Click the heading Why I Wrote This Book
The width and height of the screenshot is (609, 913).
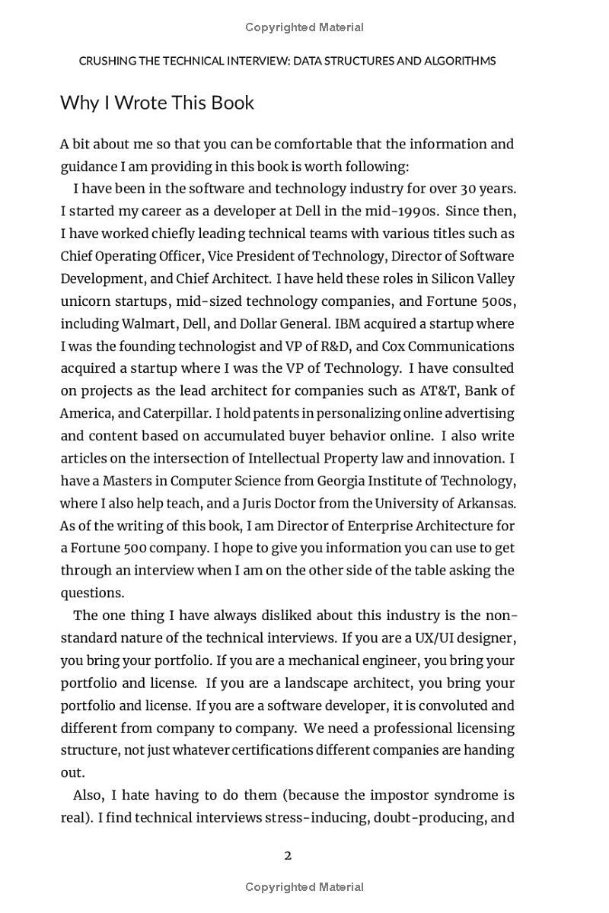tap(157, 103)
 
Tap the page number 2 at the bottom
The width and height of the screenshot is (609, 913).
tap(288, 855)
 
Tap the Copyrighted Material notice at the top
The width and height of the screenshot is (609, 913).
tap(304, 27)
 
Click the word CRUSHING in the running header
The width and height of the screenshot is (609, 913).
tap(107, 61)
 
